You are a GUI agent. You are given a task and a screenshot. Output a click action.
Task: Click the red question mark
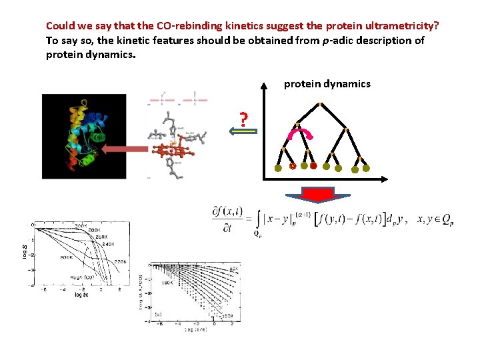tap(244, 120)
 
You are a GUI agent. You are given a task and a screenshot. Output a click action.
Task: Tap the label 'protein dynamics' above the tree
tap(327, 84)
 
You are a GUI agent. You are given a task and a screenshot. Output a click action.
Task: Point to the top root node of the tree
tap(321, 103)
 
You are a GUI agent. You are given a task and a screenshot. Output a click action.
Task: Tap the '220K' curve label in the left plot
tap(120, 262)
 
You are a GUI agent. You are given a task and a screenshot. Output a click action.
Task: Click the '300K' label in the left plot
tap(67, 257)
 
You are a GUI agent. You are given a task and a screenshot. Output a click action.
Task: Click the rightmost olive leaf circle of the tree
tap(366, 168)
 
